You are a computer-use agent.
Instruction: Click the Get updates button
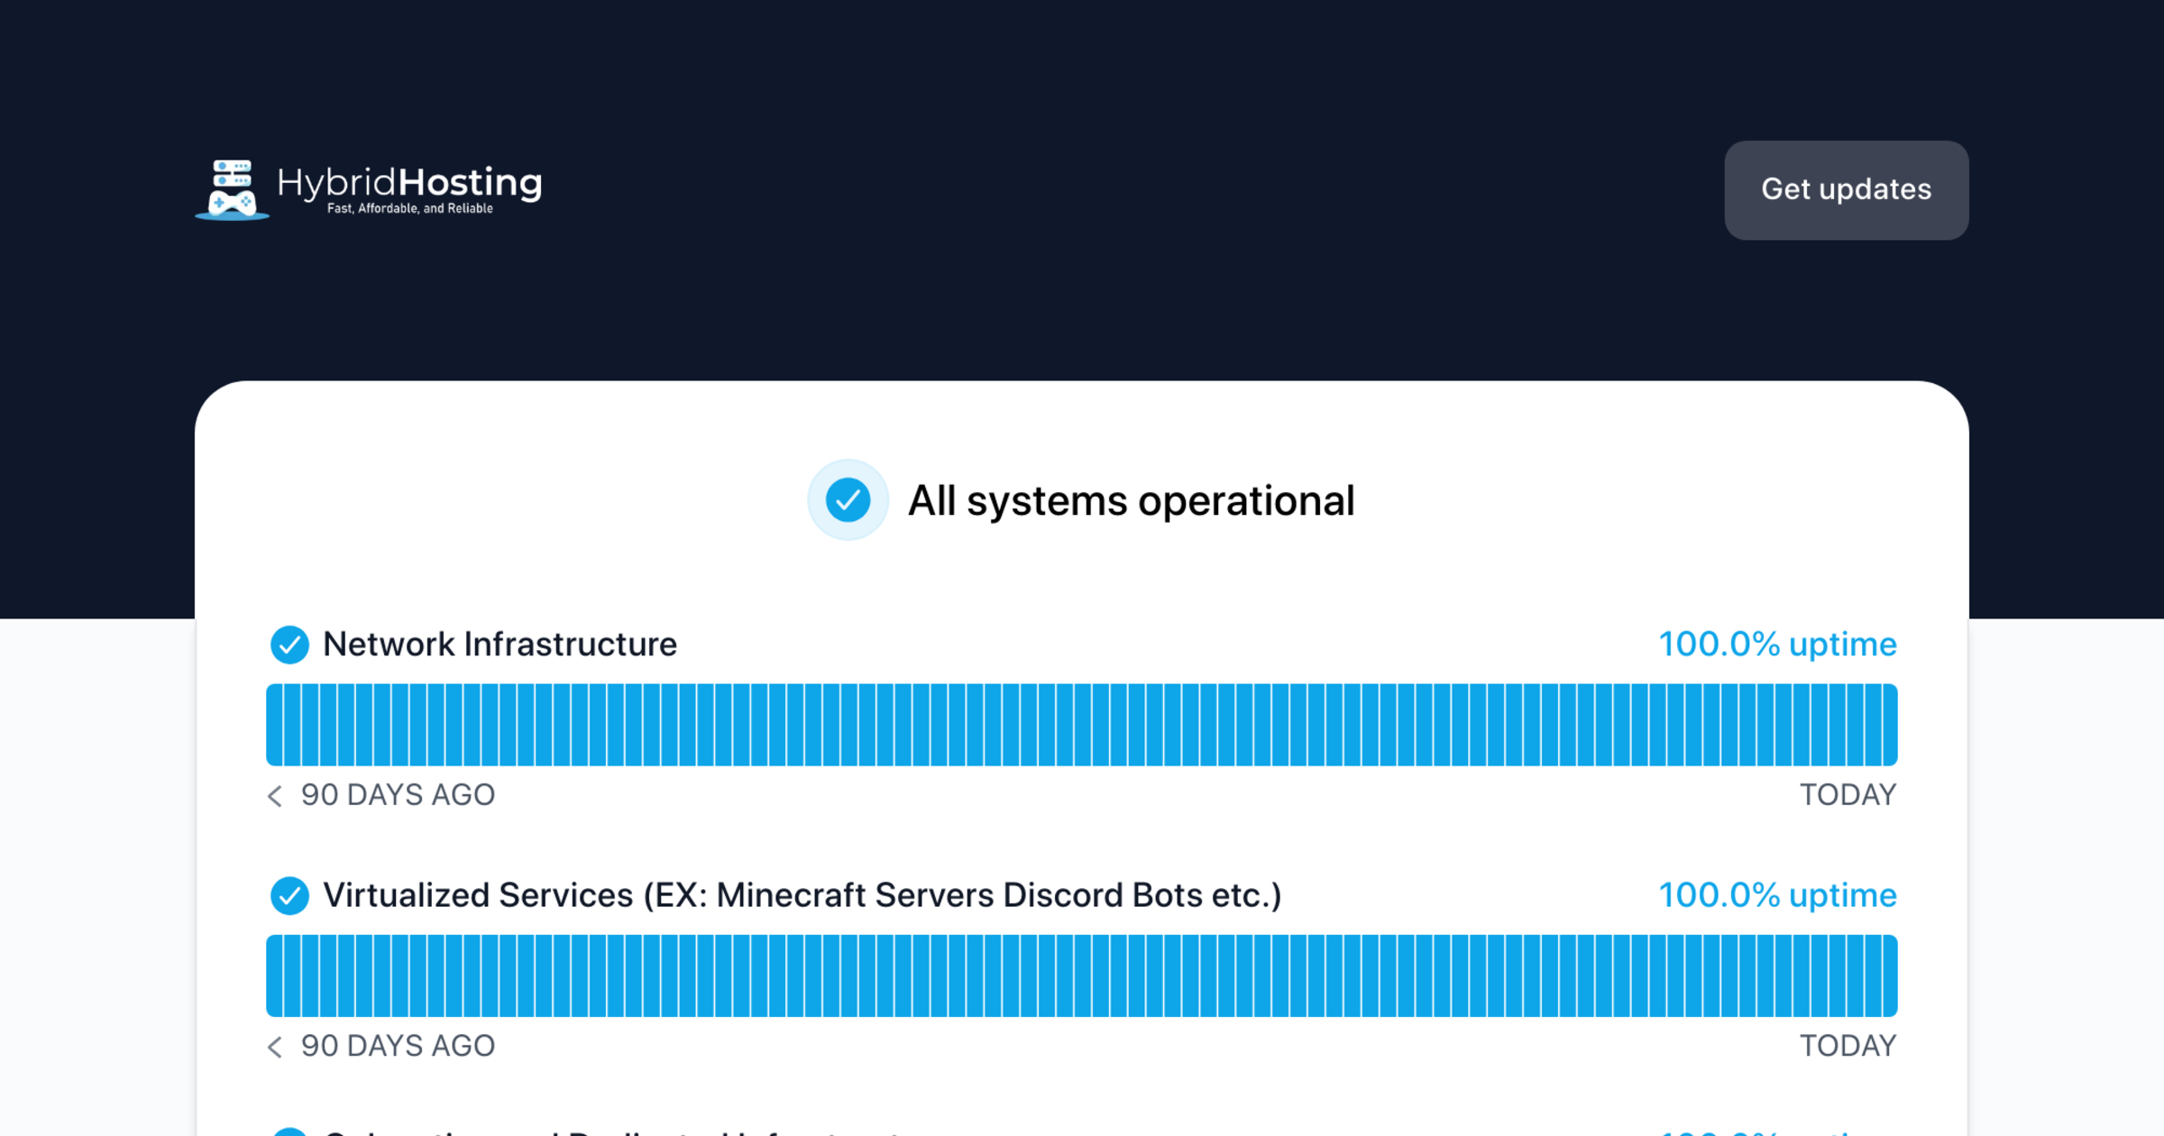[1846, 190]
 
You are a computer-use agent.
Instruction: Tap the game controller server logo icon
[232, 190]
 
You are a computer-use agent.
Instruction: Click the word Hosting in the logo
[470, 183]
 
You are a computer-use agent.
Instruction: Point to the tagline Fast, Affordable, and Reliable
[409, 209]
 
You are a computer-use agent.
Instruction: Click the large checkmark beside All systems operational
[848, 500]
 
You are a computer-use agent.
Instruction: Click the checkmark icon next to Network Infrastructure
[289, 645]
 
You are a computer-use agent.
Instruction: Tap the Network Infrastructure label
[500, 645]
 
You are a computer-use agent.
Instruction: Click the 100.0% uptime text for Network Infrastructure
[1777, 645]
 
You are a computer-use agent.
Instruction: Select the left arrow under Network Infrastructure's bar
[275, 795]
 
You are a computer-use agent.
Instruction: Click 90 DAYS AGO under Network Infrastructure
[398, 795]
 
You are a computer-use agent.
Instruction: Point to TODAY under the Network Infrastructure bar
[1848, 795]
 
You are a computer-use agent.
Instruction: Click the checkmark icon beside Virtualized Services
[289, 895]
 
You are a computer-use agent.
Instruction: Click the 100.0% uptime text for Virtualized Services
[1777, 895]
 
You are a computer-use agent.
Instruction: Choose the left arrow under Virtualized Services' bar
[275, 1046]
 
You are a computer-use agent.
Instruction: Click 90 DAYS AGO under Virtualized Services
[398, 1046]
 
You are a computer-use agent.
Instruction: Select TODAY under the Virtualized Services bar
[1848, 1046]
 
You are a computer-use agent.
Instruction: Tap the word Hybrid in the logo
[336, 183]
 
